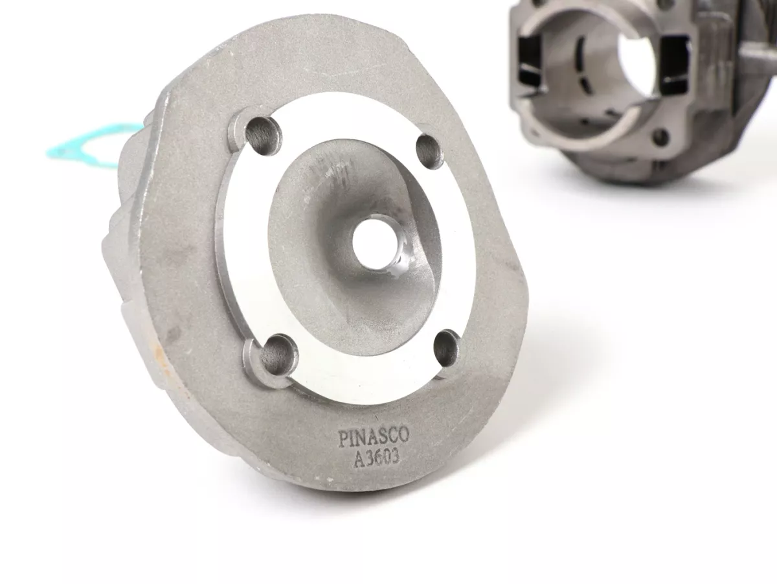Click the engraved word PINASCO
[x=374, y=438]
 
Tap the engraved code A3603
[x=377, y=458]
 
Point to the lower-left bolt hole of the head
[x=278, y=353]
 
